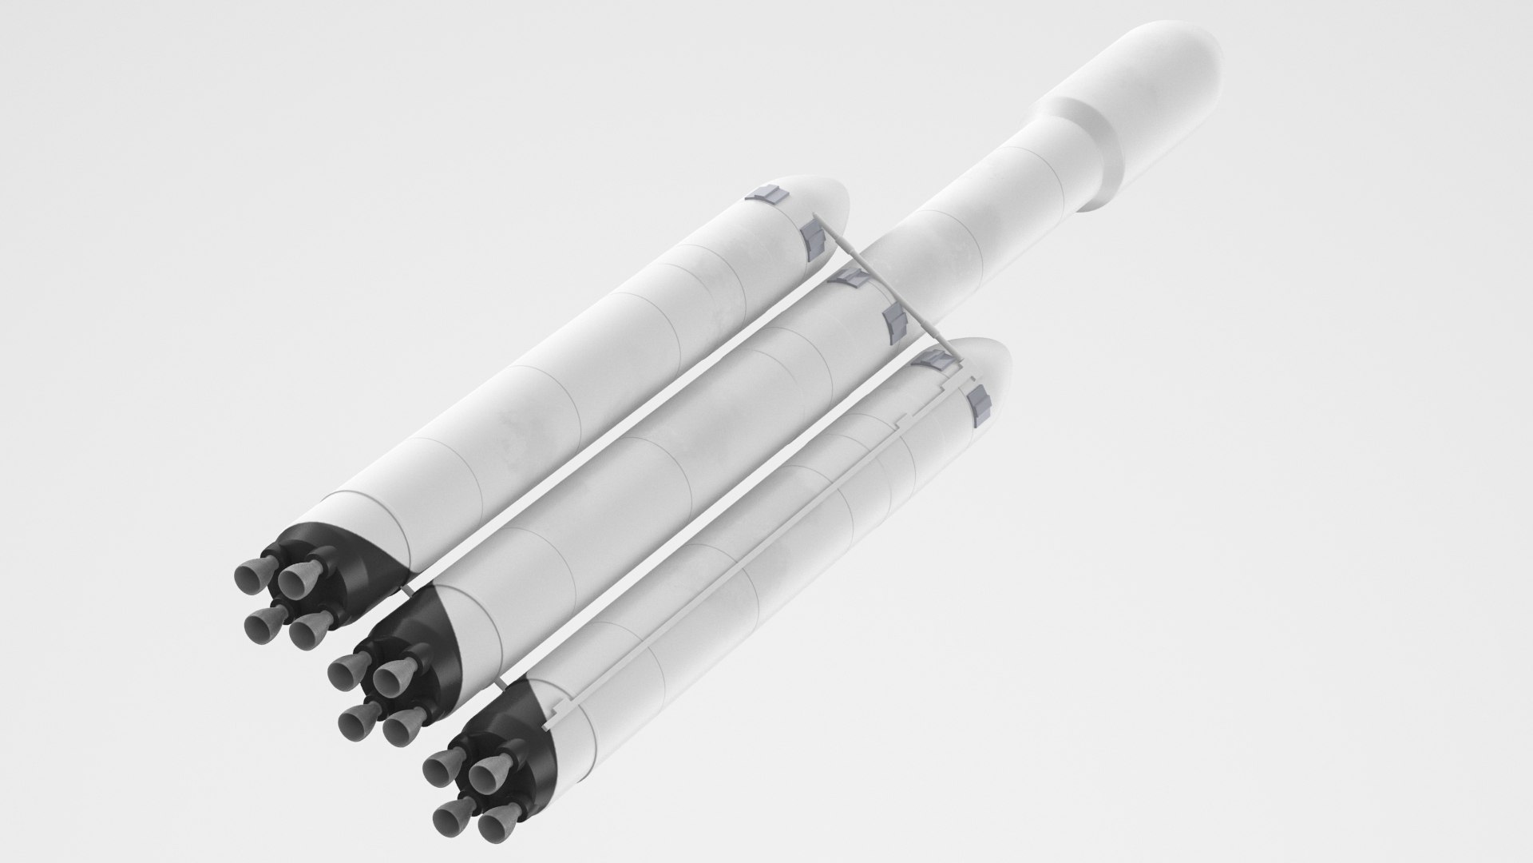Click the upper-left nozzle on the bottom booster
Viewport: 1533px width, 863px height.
[442, 768]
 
